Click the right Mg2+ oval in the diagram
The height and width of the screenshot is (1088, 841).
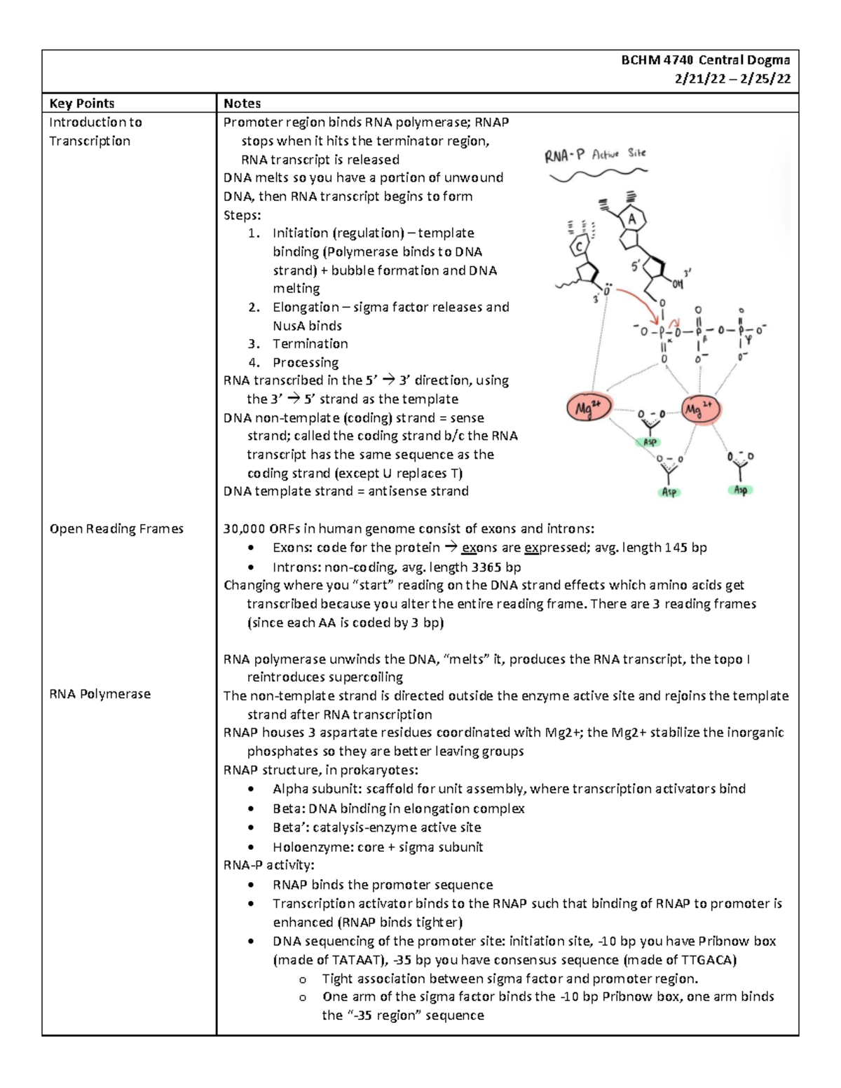[700, 408]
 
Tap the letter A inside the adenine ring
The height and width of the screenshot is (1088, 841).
[633, 220]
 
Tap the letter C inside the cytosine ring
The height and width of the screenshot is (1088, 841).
[580, 247]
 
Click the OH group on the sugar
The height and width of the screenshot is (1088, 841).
[677, 284]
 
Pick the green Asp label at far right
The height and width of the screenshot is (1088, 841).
[740, 490]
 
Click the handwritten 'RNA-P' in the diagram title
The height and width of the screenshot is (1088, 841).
[564, 156]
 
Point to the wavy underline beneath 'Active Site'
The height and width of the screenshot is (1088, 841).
[598, 174]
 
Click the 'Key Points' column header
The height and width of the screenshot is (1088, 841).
[81, 103]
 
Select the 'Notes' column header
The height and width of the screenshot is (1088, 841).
[242, 103]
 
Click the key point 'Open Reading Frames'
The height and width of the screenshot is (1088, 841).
[116, 529]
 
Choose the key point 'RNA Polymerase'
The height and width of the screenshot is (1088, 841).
[100, 694]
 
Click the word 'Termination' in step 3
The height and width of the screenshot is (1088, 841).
[310, 344]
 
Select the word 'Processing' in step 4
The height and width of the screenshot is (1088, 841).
[306, 363]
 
